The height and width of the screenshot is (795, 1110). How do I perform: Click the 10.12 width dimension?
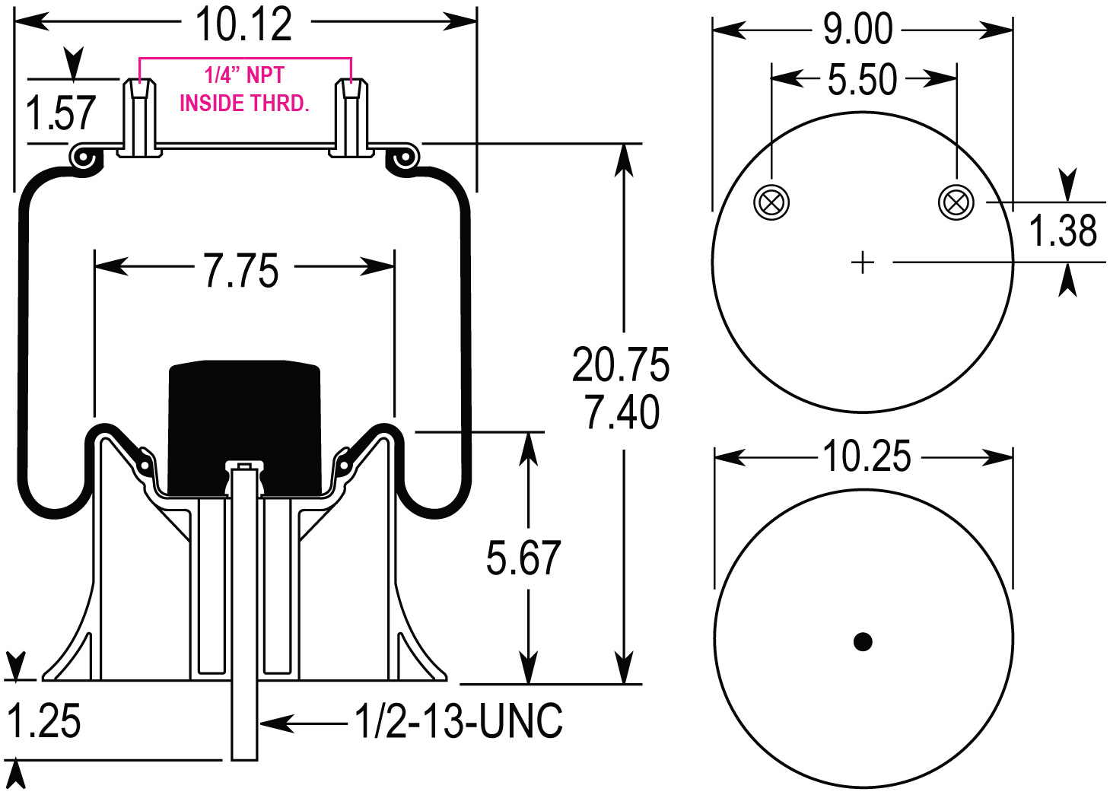tap(243, 24)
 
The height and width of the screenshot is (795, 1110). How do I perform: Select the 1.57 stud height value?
tap(61, 113)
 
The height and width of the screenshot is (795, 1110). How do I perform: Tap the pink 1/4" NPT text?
tap(244, 75)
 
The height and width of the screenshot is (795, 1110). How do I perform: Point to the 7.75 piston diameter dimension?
tap(241, 271)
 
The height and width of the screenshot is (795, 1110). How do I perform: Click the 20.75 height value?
tap(621, 365)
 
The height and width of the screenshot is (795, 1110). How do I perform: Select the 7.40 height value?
tap(622, 412)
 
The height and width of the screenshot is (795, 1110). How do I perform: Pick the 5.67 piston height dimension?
tap(523, 558)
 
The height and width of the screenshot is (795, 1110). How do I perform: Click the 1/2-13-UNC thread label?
tap(460, 721)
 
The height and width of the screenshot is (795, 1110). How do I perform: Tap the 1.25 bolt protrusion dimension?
tap(44, 721)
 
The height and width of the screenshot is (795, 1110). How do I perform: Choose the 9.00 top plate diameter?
tap(858, 30)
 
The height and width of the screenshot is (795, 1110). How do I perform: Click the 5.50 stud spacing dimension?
tap(862, 80)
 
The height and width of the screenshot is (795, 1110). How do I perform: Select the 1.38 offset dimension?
tap(1063, 231)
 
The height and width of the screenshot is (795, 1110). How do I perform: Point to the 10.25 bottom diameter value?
tap(867, 456)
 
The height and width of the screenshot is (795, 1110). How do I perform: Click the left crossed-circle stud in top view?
tap(771, 202)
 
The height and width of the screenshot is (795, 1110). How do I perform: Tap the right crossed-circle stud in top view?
tap(956, 202)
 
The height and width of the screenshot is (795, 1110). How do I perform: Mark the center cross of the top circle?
tap(862, 263)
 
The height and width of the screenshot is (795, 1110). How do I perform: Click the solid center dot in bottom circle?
tap(862, 641)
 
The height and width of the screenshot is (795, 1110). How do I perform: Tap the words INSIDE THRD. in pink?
tap(244, 103)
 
